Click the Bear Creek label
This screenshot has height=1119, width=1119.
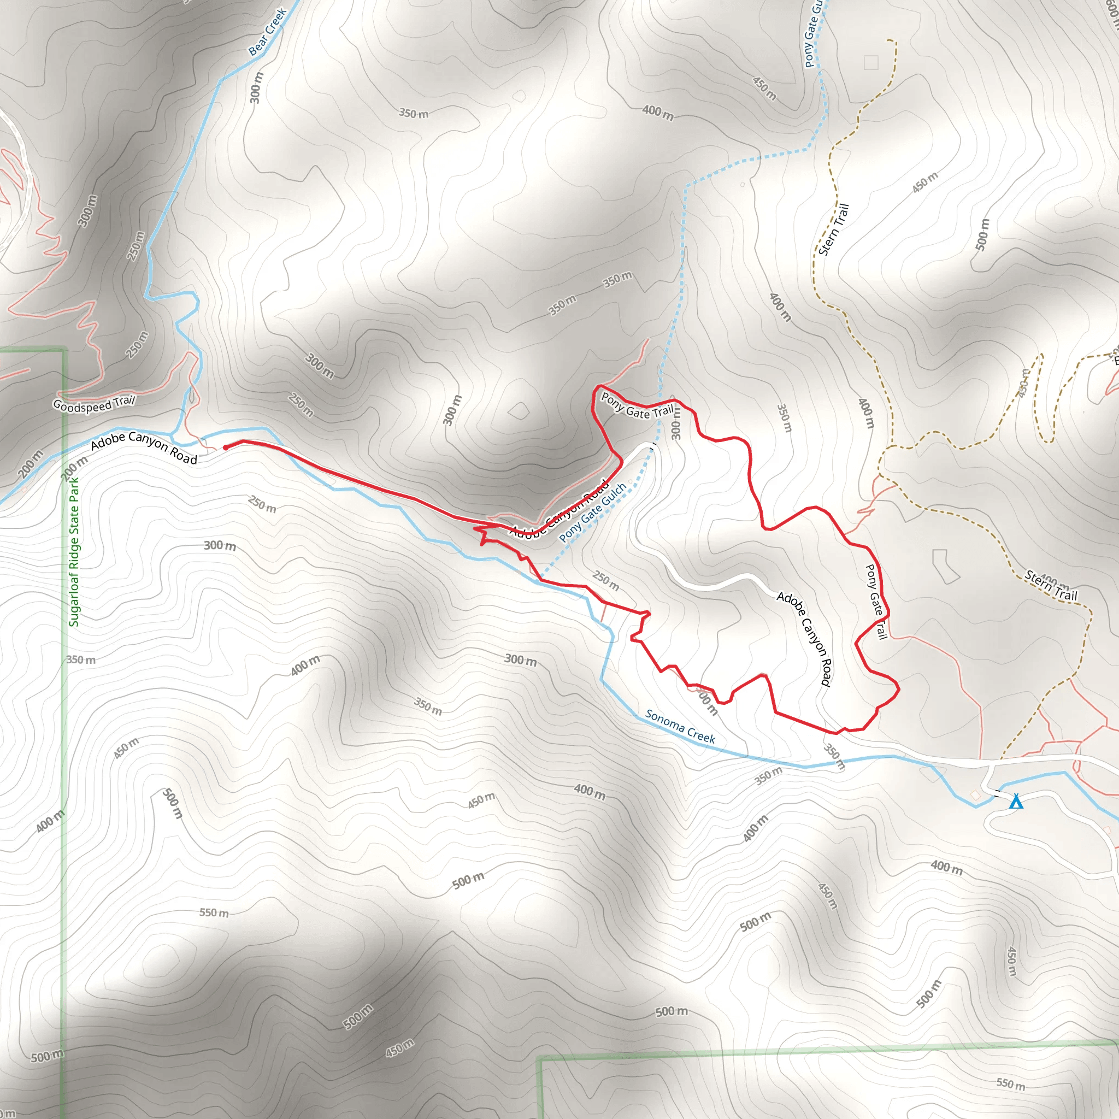(268, 32)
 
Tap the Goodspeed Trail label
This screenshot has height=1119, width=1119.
(94, 404)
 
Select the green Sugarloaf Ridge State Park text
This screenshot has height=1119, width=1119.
(74, 551)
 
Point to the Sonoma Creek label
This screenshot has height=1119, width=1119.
(681, 726)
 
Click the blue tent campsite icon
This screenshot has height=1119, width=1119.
(1016, 802)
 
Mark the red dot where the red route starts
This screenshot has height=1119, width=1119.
(225, 447)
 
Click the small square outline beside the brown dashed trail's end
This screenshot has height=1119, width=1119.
(870, 62)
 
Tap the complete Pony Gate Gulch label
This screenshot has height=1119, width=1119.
(592, 513)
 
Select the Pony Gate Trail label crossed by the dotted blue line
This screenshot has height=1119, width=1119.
(637, 405)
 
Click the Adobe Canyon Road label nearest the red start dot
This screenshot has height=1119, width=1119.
(144, 447)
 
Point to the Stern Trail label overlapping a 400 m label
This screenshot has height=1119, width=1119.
(1051, 586)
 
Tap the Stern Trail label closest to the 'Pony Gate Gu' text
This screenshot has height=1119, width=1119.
(833, 229)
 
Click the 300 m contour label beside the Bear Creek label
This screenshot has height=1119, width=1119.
(256, 87)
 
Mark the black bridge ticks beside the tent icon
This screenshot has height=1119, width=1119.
(997, 794)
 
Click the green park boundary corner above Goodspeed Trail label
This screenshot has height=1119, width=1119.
(62, 350)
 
